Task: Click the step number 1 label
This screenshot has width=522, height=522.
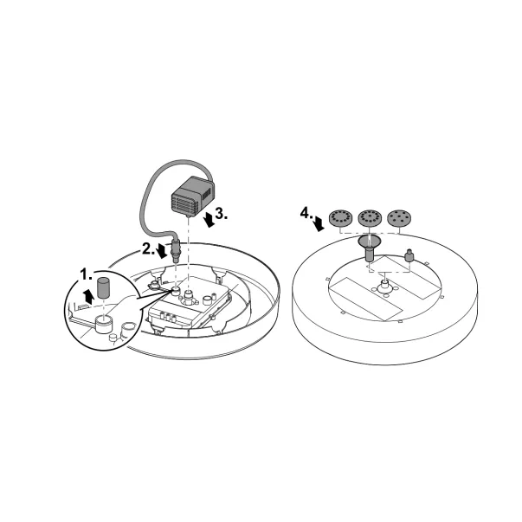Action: coord(87,275)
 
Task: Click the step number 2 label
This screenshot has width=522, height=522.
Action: coord(149,248)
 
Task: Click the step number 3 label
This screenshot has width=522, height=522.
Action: coord(222,214)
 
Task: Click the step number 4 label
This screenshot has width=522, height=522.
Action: coord(306,213)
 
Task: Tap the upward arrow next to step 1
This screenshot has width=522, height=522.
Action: coord(88,296)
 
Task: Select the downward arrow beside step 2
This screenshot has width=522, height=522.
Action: coord(162,251)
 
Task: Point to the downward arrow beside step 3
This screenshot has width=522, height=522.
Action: coord(209,220)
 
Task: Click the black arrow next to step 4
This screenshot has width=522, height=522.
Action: coord(319,223)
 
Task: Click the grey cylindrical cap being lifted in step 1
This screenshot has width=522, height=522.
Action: coord(104,288)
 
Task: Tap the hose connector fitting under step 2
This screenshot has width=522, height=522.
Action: coord(175,248)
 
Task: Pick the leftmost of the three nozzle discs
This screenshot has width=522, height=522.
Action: coord(340,218)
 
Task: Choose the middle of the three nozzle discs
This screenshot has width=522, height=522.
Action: coord(370,218)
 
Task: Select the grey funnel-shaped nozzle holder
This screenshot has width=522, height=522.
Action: coord(370,248)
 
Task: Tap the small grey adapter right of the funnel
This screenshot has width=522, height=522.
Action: coord(409,255)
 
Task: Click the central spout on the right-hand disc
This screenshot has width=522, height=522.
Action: coord(385,284)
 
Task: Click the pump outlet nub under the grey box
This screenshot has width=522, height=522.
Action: coord(189,216)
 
